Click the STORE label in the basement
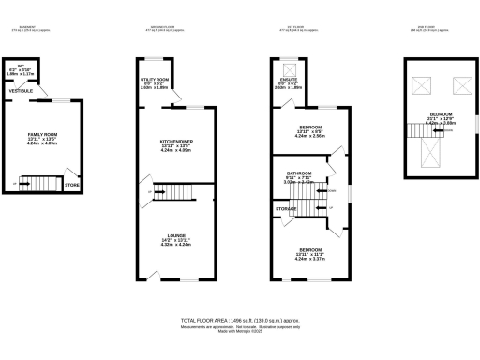(71, 186)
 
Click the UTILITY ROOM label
(155, 81)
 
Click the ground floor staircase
(171, 192)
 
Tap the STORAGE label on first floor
(286, 207)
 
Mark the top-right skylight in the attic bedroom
(460, 87)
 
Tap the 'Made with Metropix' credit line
(239, 332)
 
